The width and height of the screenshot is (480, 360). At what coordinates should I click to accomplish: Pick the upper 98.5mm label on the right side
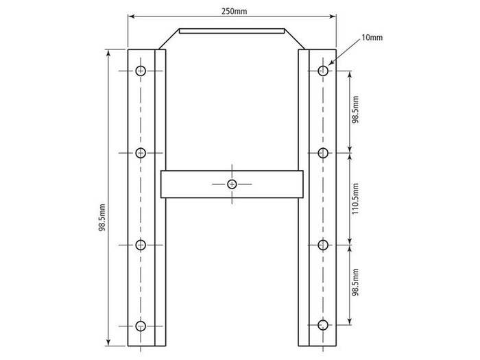355,111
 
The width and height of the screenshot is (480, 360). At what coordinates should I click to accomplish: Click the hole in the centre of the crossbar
232,184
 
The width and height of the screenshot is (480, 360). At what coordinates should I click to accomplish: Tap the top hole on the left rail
141,70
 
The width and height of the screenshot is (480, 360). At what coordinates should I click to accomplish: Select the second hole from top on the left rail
141,152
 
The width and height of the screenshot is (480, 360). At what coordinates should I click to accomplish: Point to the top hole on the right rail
323,70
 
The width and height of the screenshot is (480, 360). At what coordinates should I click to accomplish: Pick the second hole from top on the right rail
323,152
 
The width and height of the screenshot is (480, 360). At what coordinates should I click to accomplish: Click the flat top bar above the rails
232,31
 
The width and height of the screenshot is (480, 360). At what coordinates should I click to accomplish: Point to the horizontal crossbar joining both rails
199,184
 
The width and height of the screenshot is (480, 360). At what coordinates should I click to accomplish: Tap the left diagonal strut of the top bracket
169,40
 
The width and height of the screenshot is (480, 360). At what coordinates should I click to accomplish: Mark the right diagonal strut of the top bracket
296,40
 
